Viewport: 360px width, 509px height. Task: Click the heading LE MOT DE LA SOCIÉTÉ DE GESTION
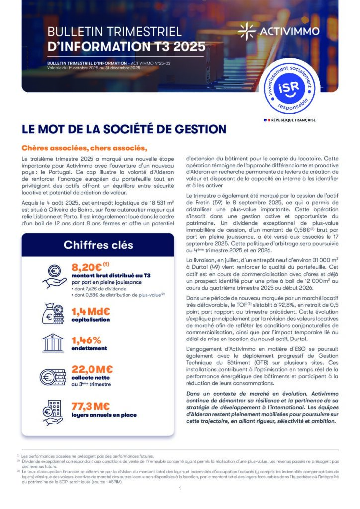(x=124, y=129)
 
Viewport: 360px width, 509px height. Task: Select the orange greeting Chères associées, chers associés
(x=85, y=148)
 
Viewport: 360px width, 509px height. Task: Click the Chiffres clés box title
(x=98, y=245)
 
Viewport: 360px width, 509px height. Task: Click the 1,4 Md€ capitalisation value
(x=91, y=312)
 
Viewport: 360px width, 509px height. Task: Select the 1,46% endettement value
(x=87, y=340)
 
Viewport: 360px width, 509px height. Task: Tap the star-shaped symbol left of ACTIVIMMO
(x=246, y=31)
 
